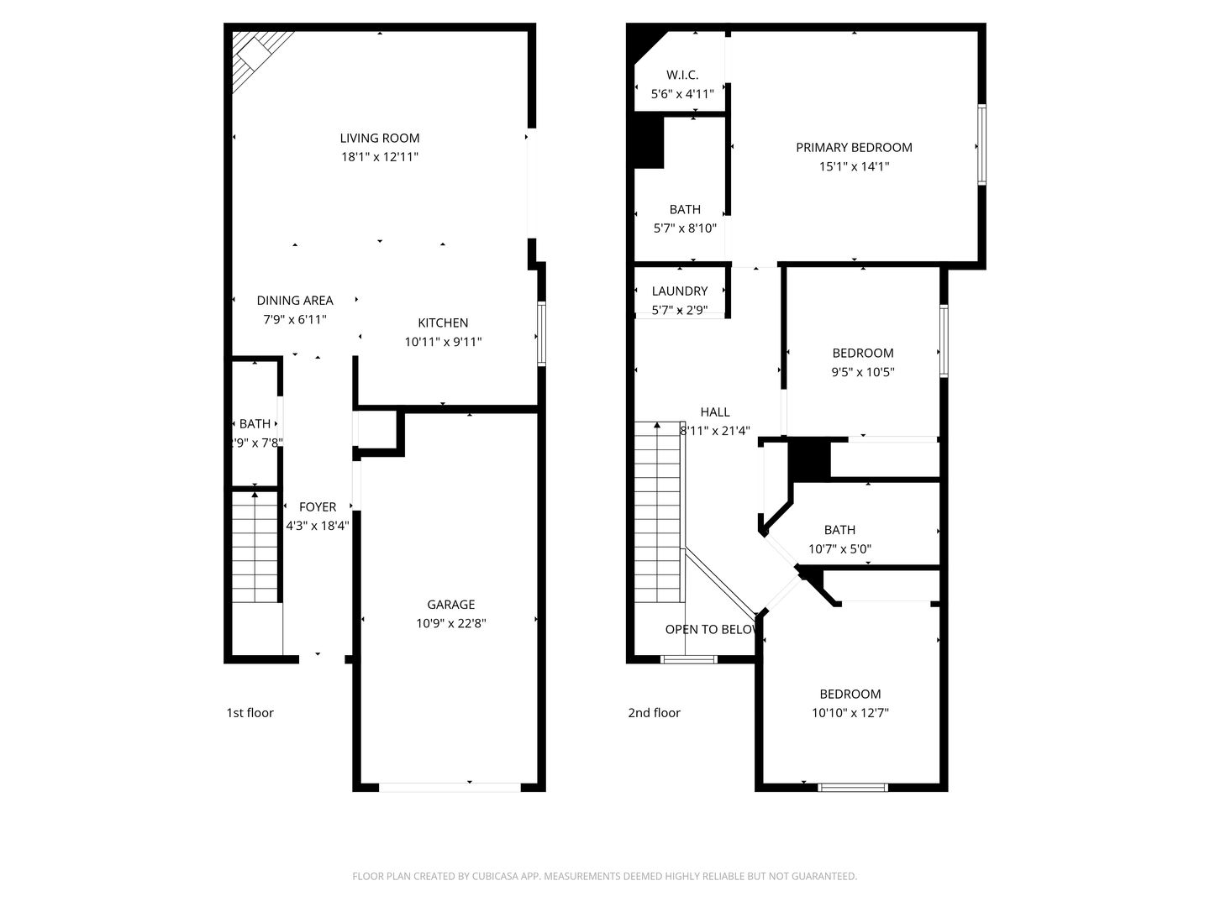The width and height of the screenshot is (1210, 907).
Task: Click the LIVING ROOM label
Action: pyautogui.click(x=379, y=138)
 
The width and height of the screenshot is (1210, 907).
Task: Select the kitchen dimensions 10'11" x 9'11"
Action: pyautogui.click(x=443, y=342)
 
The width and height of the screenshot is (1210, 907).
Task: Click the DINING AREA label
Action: pyautogui.click(x=295, y=300)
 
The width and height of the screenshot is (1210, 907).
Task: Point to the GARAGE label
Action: pyautogui.click(x=451, y=604)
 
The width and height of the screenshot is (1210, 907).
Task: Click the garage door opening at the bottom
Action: pyautogui.click(x=450, y=787)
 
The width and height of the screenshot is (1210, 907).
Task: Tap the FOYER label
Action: pyautogui.click(x=318, y=506)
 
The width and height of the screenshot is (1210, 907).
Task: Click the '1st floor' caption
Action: pyautogui.click(x=250, y=712)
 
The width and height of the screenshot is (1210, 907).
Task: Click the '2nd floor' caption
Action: pyautogui.click(x=654, y=712)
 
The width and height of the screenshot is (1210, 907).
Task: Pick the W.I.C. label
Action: pyautogui.click(x=682, y=75)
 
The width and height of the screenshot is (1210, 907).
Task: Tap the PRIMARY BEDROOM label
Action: pyautogui.click(x=854, y=147)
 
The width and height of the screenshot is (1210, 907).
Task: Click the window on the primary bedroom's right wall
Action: pyautogui.click(x=981, y=144)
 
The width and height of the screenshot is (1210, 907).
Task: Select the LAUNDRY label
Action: pyautogui.click(x=680, y=291)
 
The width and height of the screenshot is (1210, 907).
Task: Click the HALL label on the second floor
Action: pyautogui.click(x=715, y=412)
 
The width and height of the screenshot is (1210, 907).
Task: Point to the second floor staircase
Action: pyautogui.click(x=657, y=512)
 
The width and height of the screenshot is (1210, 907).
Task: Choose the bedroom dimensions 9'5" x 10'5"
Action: pyautogui.click(x=863, y=372)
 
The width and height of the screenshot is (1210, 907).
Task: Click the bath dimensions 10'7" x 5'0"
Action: pyautogui.click(x=839, y=549)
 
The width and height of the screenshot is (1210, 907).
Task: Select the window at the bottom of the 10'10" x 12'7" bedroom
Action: pyautogui.click(x=853, y=787)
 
